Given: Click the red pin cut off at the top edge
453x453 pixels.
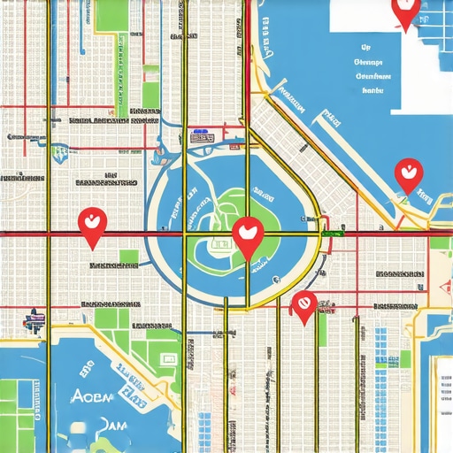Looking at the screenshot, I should pyautogui.click(x=405, y=12).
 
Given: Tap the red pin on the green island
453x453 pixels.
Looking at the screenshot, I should pyautogui.click(x=249, y=235).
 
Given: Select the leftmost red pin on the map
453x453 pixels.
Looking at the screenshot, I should pyautogui.click(x=91, y=225).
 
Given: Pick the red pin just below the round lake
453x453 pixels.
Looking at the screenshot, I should pyautogui.click(x=303, y=305).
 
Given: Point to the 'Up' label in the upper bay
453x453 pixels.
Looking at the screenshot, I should pyautogui.click(x=365, y=50).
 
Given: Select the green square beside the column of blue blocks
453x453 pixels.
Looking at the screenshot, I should pyautogui.click(x=404, y=358).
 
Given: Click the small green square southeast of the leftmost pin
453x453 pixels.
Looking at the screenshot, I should pyautogui.click(x=129, y=257).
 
